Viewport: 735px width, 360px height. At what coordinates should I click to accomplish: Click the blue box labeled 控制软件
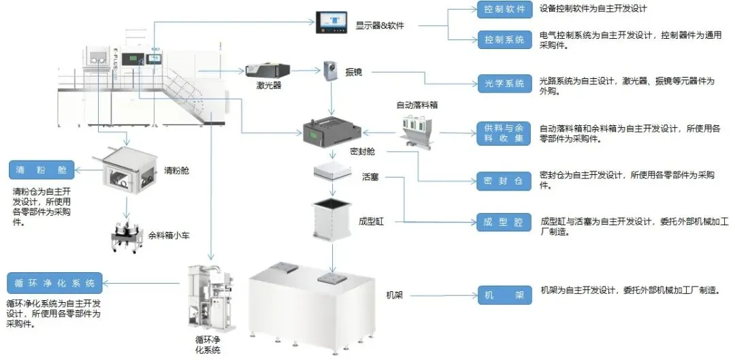pos(504,10)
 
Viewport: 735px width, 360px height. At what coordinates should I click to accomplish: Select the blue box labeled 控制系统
pos(504,39)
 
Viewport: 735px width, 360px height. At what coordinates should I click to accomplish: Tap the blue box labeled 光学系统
pos(504,84)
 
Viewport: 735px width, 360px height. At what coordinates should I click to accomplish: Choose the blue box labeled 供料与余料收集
pos(504,133)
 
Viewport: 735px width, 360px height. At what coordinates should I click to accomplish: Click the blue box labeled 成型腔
pos(504,223)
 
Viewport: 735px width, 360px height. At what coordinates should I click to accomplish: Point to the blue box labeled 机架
pos(504,295)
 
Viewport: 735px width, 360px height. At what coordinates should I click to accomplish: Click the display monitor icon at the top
pos(331,23)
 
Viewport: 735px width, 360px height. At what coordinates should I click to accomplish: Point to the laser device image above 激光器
pos(268,69)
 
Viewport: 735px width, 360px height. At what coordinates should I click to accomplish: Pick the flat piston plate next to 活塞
pos(332,173)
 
